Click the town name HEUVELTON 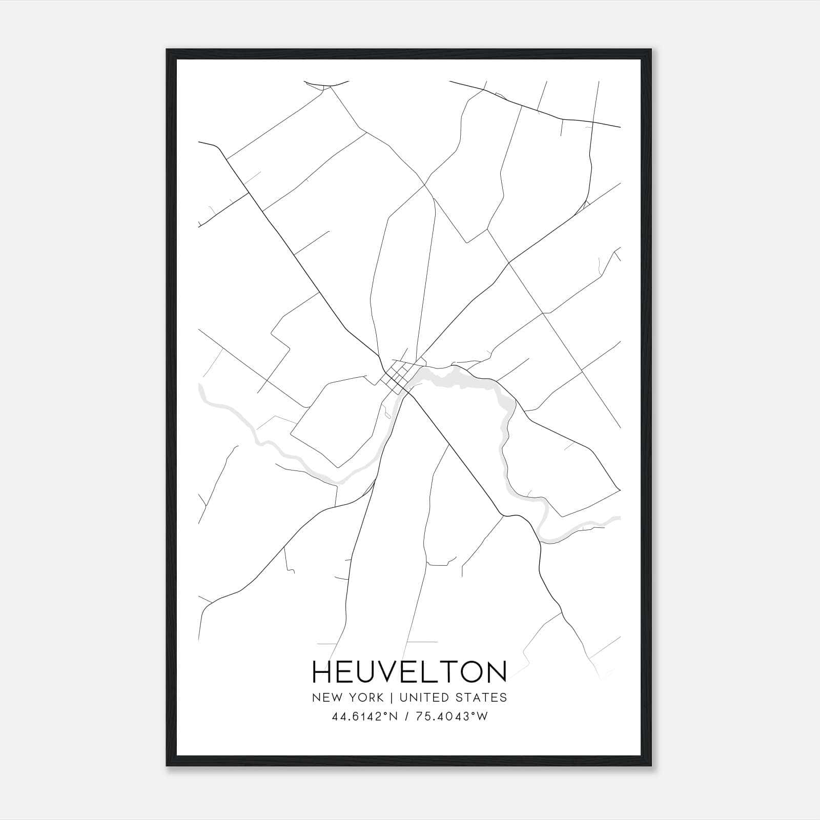pyautogui.click(x=409, y=672)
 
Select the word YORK pyautogui.click(x=365, y=698)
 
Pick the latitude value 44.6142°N pyautogui.click(x=364, y=716)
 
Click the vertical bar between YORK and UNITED pyautogui.click(x=391, y=698)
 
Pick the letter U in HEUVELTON pyautogui.click(x=370, y=672)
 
